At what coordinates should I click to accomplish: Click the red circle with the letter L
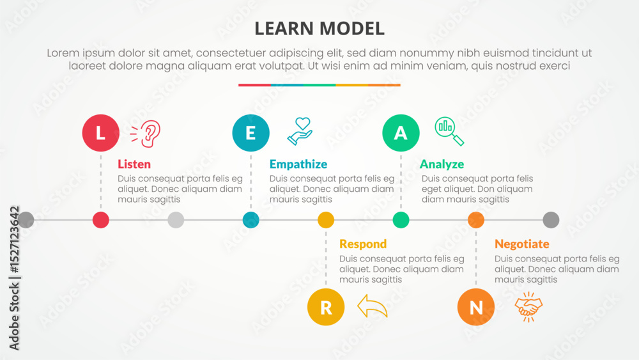[x=101, y=133]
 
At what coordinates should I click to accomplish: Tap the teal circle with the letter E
[x=250, y=133]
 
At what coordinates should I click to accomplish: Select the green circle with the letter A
[x=401, y=133]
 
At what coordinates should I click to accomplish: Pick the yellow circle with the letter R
[x=326, y=307]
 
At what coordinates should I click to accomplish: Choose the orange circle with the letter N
[x=475, y=307]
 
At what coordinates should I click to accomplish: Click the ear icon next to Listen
[x=146, y=133]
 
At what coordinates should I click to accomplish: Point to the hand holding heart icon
[x=300, y=131]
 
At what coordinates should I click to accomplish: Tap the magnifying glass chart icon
[x=449, y=131]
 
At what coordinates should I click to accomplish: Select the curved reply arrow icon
[x=372, y=306]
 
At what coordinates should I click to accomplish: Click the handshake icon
[x=528, y=307]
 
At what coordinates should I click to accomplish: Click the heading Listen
[x=134, y=164]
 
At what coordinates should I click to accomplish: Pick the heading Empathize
[x=298, y=164]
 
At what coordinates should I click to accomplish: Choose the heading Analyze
[x=442, y=164]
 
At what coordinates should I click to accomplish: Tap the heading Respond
[x=363, y=244]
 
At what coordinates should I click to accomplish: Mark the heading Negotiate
[x=521, y=244]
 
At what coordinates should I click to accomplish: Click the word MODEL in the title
[x=351, y=29]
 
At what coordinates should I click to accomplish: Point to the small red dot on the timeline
[x=101, y=220]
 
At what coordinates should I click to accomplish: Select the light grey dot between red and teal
[x=176, y=220]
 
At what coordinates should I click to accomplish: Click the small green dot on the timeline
[x=401, y=220]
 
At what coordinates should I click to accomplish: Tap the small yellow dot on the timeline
[x=326, y=220]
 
